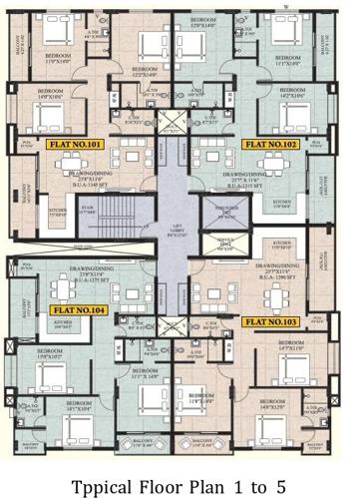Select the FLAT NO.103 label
[271, 322]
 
